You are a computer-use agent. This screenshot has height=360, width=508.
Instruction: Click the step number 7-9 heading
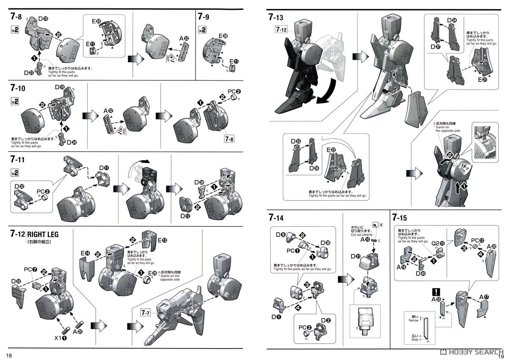[203, 17]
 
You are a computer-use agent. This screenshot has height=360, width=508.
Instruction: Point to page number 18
[9, 355]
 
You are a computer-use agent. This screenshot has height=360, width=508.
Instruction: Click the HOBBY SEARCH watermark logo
[470, 352]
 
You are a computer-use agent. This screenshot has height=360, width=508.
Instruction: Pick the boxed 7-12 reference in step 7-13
[282, 30]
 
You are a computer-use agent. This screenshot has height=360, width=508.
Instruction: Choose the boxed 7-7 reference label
[146, 313]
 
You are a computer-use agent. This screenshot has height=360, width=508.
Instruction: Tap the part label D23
[29, 72]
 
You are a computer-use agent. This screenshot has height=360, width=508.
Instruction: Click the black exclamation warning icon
[435, 291]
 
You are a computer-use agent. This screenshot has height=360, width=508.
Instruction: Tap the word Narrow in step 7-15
[413, 321]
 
